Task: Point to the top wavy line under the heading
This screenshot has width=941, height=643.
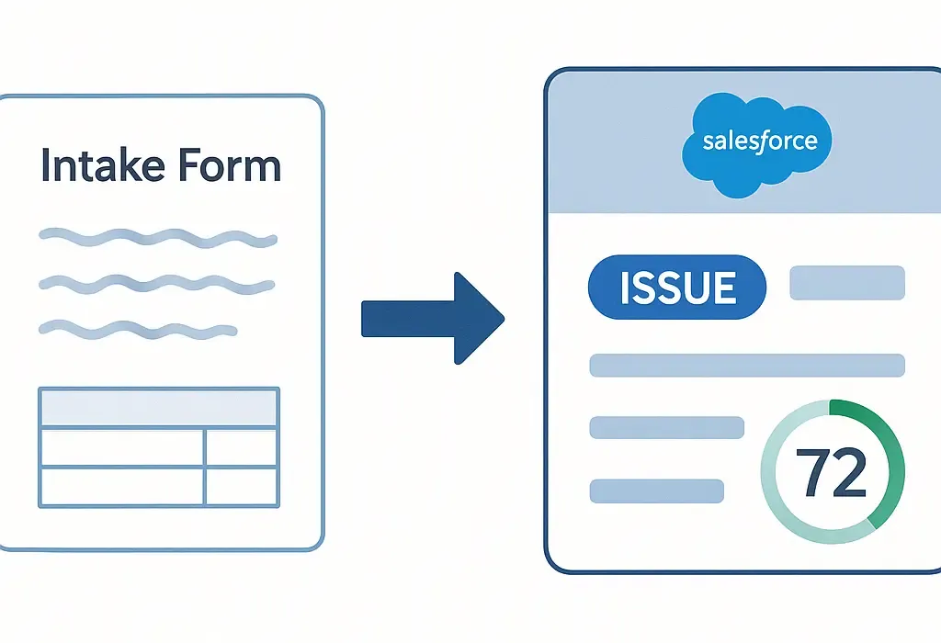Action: (157, 238)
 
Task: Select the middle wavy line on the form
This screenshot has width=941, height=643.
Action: (157, 283)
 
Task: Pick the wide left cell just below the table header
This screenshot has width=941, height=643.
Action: (121, 447)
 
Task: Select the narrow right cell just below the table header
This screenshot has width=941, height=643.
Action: (241, 447)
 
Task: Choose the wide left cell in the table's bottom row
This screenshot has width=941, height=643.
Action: (121, 486)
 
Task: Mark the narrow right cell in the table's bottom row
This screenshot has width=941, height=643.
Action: (241, 486)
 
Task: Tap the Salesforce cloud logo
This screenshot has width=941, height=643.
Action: (758, 142)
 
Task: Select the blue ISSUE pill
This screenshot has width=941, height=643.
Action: (677, 288)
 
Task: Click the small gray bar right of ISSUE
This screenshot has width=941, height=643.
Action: (847, 283)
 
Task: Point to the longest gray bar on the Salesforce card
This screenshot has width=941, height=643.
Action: (746, 365)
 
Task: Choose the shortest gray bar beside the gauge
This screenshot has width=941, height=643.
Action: (656, 491)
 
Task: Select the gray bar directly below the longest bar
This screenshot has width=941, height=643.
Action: (666, 427)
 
